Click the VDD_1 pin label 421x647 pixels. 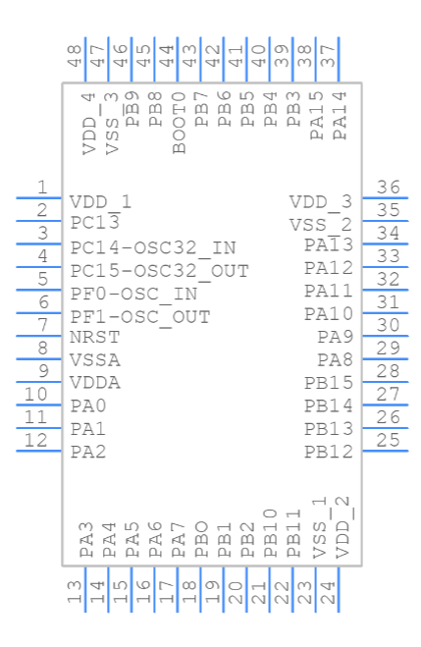pos(100,201)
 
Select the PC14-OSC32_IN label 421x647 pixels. pos(153,247)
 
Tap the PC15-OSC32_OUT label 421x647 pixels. pos(159,270)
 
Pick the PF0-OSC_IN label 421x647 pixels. pos(133,294)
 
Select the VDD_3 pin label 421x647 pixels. pos(320,201)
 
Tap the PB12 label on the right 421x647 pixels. pos(328,452)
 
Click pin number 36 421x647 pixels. pos(389,188)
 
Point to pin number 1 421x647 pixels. pos(42,187)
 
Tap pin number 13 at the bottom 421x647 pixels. pos(75,592)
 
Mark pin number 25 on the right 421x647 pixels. pos(389,440)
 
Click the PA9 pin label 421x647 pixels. pos(335,337)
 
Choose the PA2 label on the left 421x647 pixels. pos(88,452)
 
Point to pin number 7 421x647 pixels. pos(42,325)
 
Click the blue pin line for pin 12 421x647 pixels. pos(39,451)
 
